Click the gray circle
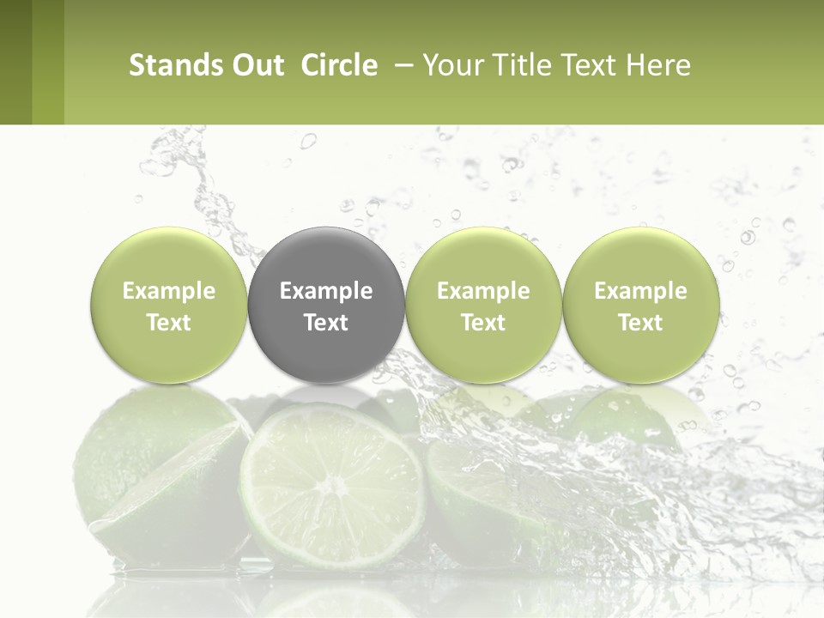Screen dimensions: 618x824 (x=326, y=306)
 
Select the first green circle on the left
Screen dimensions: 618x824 (x=169, y=306)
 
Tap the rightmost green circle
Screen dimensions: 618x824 (x=640, y=306)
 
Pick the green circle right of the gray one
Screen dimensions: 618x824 (x=483, y=306)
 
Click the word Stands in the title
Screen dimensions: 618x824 (x=174, y=65)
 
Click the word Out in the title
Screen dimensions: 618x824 (x=256, y=65)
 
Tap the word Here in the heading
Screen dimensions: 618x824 (x=657, y=65)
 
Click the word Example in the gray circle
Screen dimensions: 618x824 (x=326, y=291)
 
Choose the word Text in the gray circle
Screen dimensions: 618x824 (x=326, y=323)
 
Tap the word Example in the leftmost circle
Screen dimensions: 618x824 (x=169, y=291)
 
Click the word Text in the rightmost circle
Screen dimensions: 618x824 (x=640, y=323)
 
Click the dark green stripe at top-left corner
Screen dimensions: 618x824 (x=15, y=62)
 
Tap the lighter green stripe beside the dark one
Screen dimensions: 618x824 (x=48, y=62)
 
